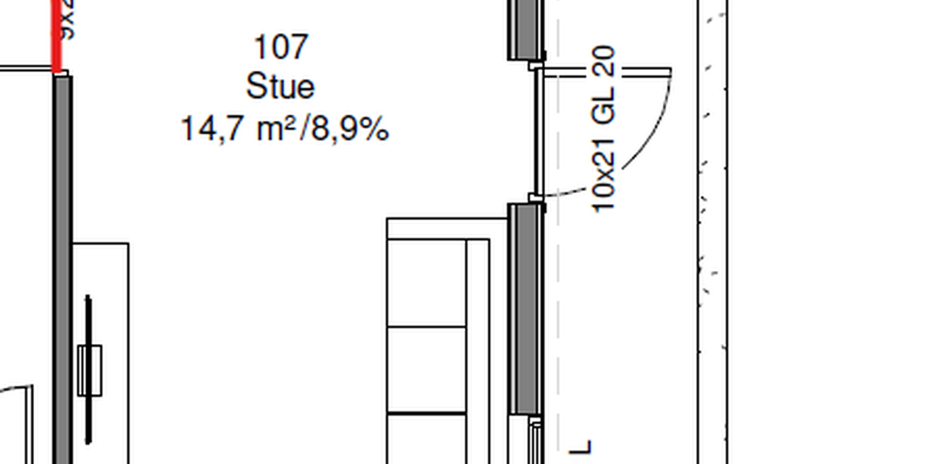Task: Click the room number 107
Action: coord(280,48)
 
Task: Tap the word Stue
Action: coord(280,87)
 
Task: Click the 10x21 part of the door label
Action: coord(604,187)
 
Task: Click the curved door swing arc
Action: coord(653,140)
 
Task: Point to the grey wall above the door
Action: coord(525,29)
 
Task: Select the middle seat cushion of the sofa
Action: coord(427,370)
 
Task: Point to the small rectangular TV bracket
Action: coord(89,370)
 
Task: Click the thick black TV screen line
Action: coord(88,317)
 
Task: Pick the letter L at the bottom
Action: coord(582,446)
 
